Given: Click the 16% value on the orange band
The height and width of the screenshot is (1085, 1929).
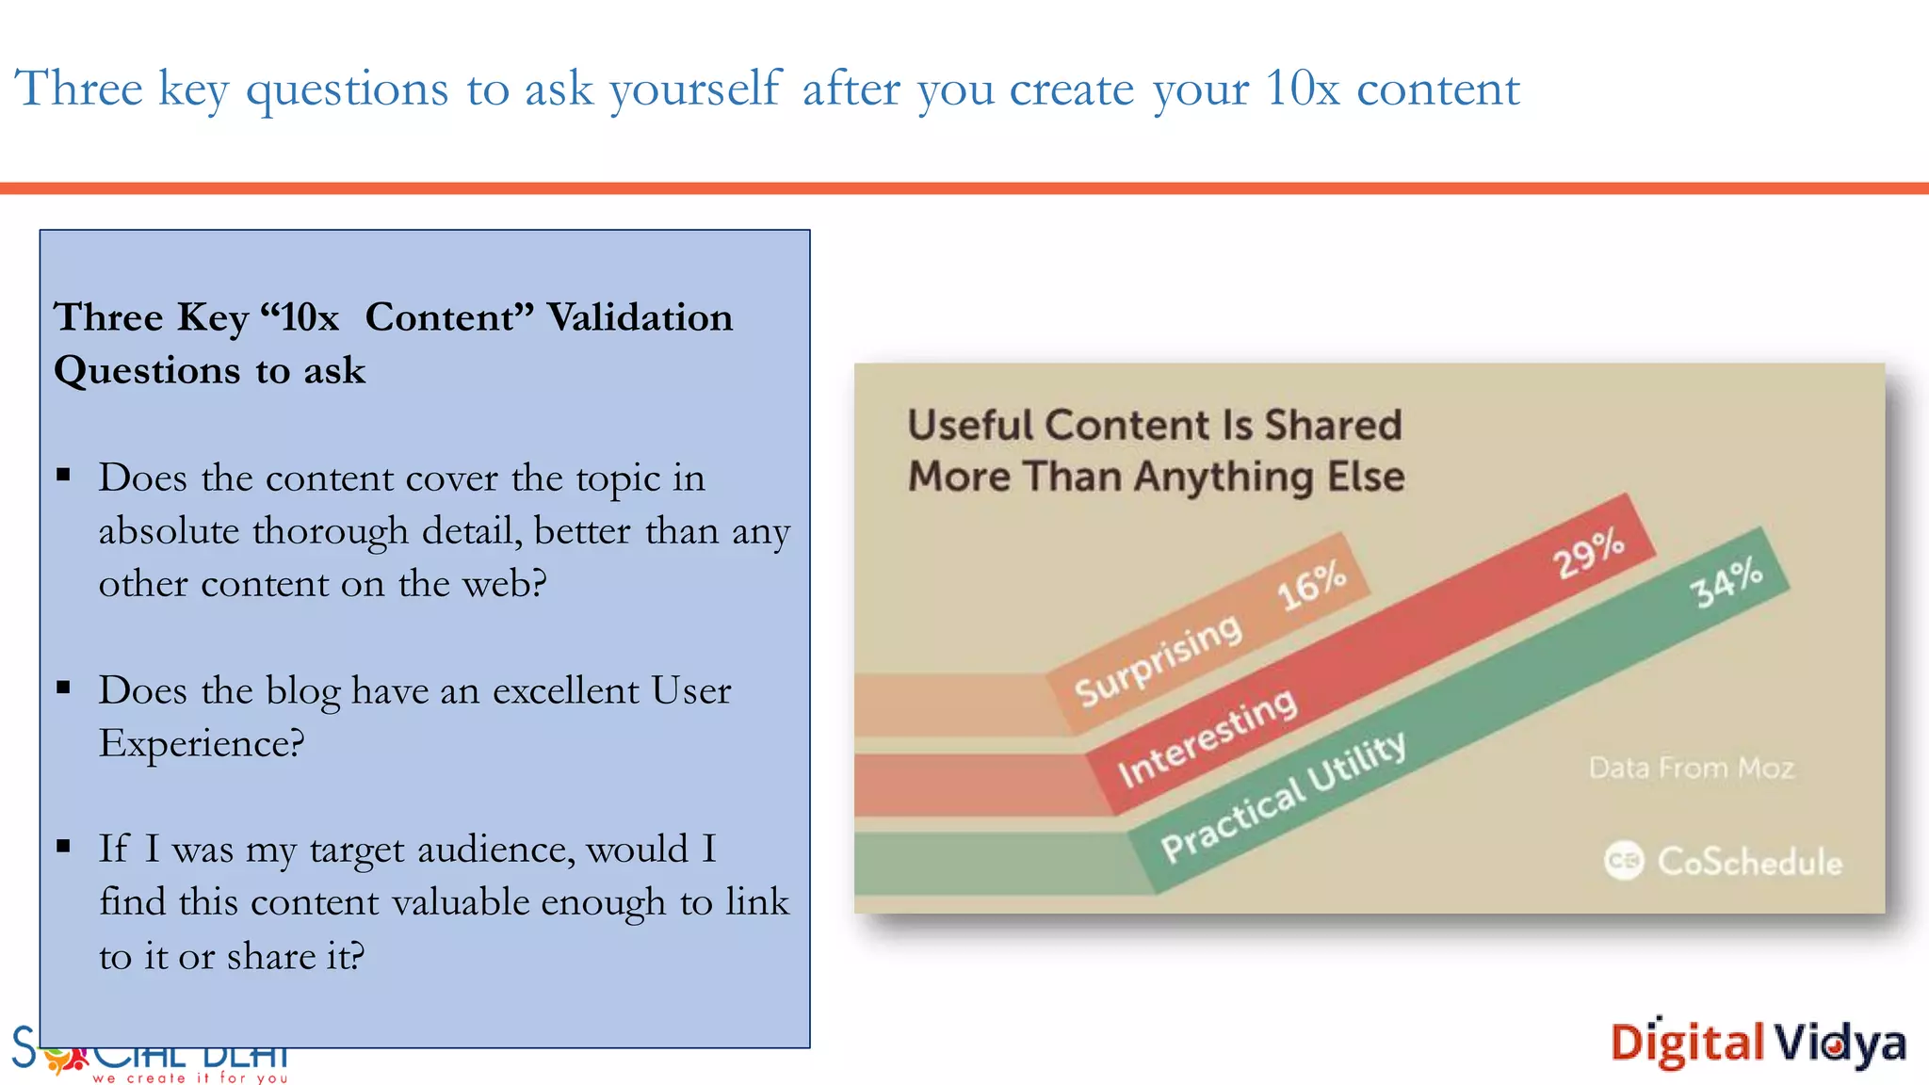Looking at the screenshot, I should click(x=1311, y=585).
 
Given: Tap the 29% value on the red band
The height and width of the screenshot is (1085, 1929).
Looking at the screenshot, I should click(x=1589, y=554).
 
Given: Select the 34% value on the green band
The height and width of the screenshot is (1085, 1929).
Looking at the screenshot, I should click(x=1726, y=582).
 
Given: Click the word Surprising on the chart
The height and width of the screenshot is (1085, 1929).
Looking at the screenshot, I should click(x=1159, y=659).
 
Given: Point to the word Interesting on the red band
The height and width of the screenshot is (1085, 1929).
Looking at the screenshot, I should click(x=1208, y=737).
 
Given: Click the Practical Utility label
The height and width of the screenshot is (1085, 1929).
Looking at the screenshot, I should click(x=1284, y=797).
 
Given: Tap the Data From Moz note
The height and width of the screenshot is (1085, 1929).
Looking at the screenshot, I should click(x=1691, y=769).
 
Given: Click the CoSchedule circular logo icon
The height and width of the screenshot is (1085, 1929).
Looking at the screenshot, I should click(x=1623, y=861).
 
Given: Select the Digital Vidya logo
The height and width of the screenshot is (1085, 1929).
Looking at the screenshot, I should click(x=1758, y=1044).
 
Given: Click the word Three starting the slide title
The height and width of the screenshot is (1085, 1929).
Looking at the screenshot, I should click(x=79, y=89).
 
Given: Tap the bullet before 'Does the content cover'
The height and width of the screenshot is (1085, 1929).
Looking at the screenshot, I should click(x=64, y=475).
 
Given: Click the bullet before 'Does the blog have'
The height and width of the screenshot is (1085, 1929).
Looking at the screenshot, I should click(x=64, y=688).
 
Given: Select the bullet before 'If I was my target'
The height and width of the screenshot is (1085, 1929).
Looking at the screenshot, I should click(x=64, y=846).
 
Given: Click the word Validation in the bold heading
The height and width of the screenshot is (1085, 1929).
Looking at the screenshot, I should click(x=640, y=317).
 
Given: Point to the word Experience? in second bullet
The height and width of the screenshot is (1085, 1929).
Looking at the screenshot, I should click(x=202, y=744).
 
